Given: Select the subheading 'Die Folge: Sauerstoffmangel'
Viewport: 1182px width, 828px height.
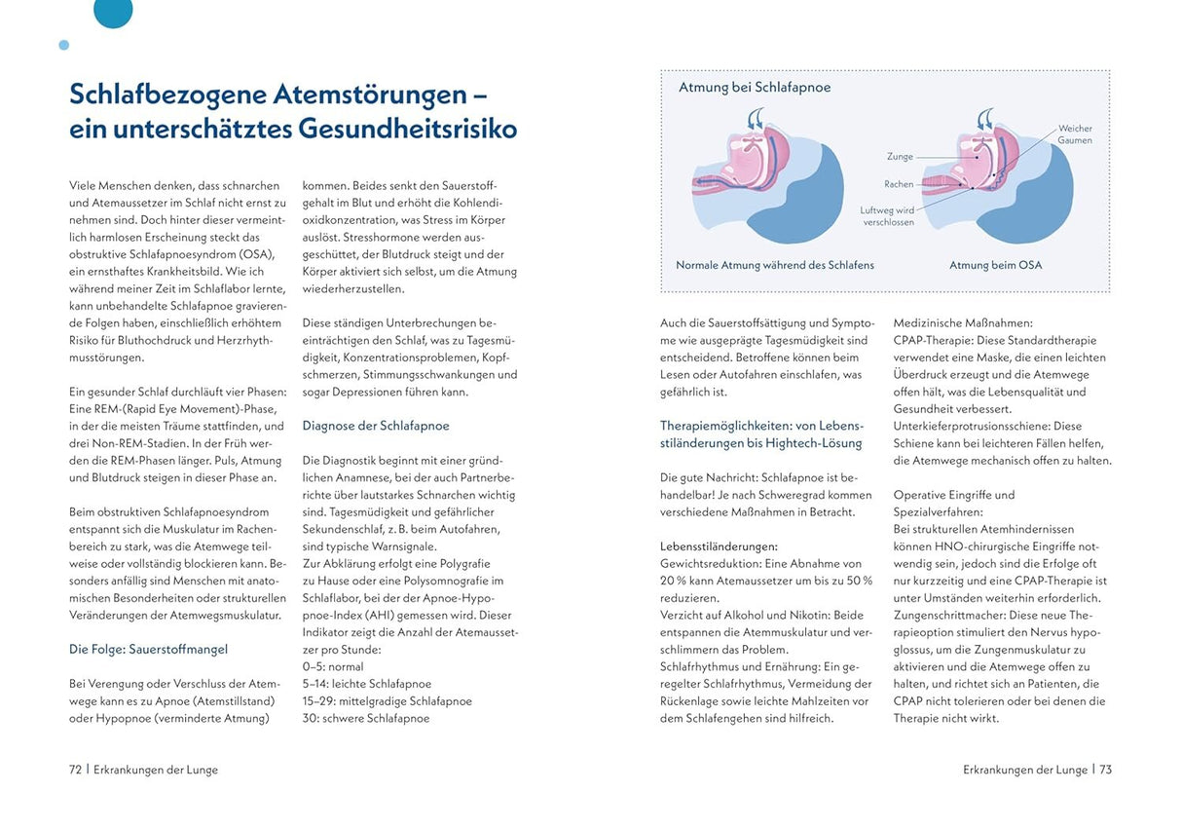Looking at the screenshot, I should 148,649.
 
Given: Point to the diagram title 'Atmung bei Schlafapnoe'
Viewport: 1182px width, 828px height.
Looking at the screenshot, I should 755,88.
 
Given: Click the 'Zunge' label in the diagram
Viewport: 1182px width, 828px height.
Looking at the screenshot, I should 900,156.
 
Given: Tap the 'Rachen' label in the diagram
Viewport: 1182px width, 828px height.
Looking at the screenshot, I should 899,184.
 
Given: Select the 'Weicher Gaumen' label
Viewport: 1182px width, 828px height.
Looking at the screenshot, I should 1074,134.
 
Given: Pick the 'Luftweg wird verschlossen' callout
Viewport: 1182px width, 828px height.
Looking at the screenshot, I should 887,215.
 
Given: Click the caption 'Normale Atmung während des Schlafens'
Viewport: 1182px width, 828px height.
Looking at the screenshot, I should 775,265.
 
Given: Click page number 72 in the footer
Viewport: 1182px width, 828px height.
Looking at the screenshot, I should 75,770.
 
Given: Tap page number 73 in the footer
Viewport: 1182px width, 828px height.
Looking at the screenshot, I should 1105,770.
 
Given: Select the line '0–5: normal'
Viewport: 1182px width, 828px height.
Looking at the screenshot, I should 333,666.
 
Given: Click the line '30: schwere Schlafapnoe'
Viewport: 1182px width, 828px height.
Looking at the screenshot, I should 366,718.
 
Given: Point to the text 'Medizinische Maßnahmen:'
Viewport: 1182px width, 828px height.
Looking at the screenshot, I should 963,322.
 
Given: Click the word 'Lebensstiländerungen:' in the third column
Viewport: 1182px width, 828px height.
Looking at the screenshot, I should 719,546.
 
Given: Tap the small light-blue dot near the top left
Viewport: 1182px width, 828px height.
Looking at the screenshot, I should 64,45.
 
